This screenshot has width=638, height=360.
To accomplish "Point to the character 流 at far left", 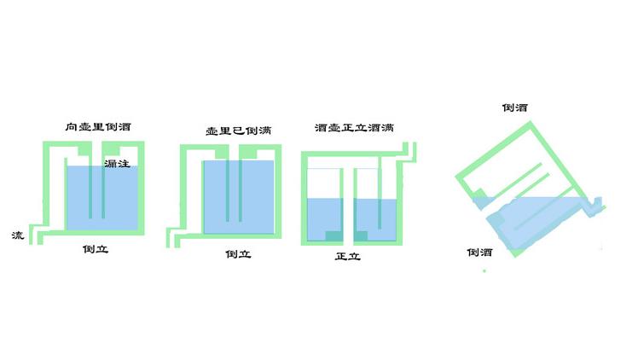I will (x=18, y=235).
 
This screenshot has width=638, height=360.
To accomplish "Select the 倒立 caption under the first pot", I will (x=96, y=251).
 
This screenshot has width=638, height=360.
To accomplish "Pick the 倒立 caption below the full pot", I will (x=237, y=254).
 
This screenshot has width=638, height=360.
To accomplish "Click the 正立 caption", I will (x=348, y=255).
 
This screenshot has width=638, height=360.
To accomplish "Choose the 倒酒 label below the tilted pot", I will (x=478, y=253).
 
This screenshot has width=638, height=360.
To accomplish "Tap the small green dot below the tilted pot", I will (x=484, y=271).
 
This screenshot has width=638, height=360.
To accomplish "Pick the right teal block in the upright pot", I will (x=362, y=235).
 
